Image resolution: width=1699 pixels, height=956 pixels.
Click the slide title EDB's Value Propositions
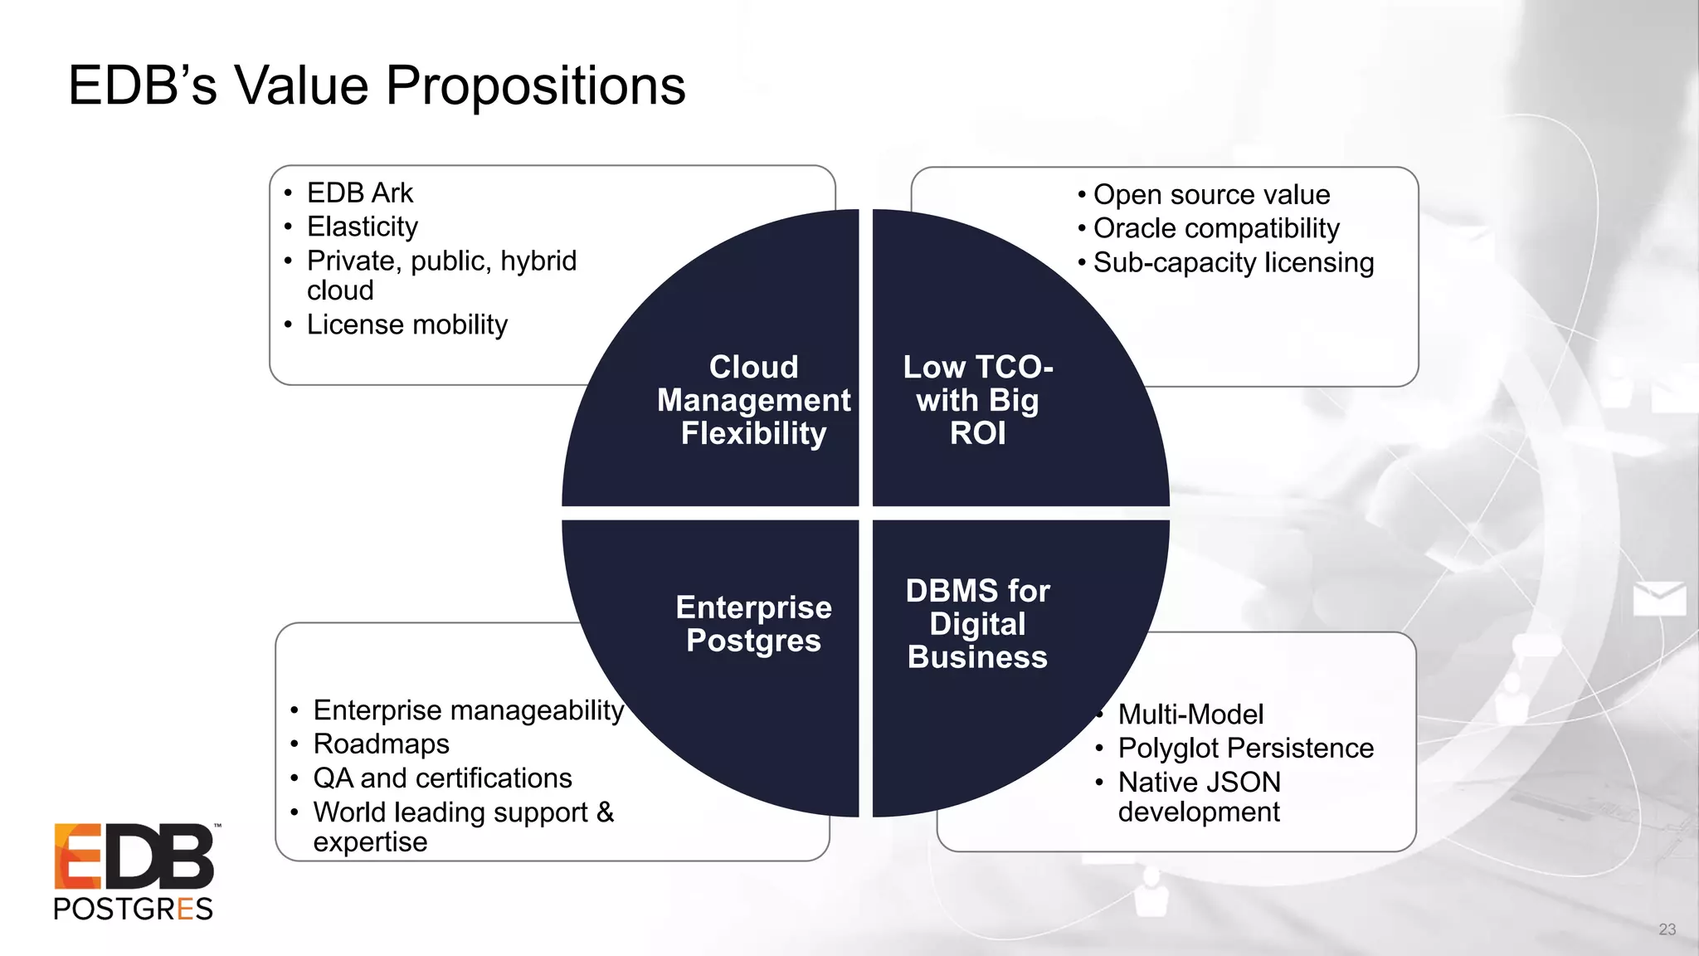pos(377,85)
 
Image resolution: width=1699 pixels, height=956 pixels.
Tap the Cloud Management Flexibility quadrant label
pos(753,400)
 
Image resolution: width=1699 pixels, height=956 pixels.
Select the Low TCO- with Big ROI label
pos(977,400)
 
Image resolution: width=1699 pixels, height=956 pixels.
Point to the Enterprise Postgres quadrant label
pos(753,624)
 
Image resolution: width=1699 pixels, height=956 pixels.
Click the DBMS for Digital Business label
pos(977,624)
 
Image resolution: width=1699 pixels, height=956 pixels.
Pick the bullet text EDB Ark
pos(359,193)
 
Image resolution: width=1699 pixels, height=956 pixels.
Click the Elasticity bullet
pos(363,227)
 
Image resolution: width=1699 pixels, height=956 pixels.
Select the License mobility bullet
pos(406,324)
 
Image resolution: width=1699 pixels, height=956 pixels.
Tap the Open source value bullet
pos(1211,194)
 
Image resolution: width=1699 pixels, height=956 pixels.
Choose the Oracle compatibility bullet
pos(1216,228)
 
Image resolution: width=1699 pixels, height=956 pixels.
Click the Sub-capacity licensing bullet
pos(1233,262)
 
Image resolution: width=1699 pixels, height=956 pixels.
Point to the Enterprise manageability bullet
pos(468,710)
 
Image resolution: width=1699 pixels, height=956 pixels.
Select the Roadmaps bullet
pos(381,744)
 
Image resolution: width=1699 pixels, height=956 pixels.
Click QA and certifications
pos(442,778)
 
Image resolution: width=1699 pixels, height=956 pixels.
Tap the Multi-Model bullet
pos(1190,715)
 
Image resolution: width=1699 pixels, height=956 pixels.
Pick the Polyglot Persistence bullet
pos(1245,749)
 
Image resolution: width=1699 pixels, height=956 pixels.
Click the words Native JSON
pos(1199,783)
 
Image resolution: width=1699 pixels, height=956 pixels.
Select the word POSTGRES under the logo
pos(133,909)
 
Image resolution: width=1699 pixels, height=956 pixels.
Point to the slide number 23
pos(1667,929)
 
